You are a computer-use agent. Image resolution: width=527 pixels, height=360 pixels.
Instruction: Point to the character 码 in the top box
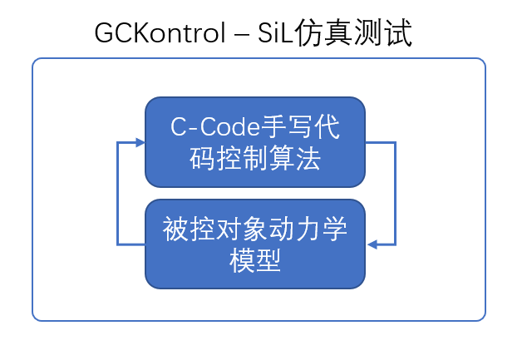click(202, 159)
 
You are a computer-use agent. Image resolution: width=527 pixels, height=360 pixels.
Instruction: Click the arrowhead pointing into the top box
click(139, 142)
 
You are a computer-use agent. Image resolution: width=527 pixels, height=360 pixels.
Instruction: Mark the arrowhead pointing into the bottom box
click(373, 244)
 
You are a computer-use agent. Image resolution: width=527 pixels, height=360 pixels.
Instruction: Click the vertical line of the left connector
click(117, 193)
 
